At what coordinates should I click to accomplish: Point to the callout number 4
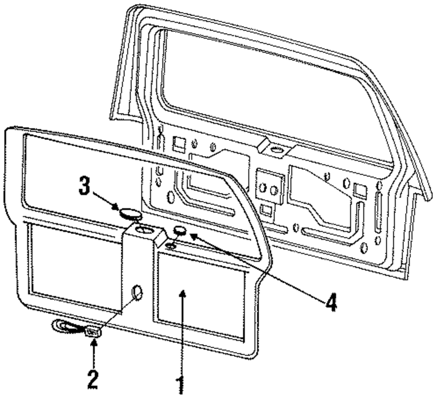click(x=329, y=302)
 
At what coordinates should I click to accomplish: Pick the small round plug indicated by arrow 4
click(x=180, y=231)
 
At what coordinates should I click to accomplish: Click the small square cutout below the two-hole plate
click(x=267, y=209)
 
